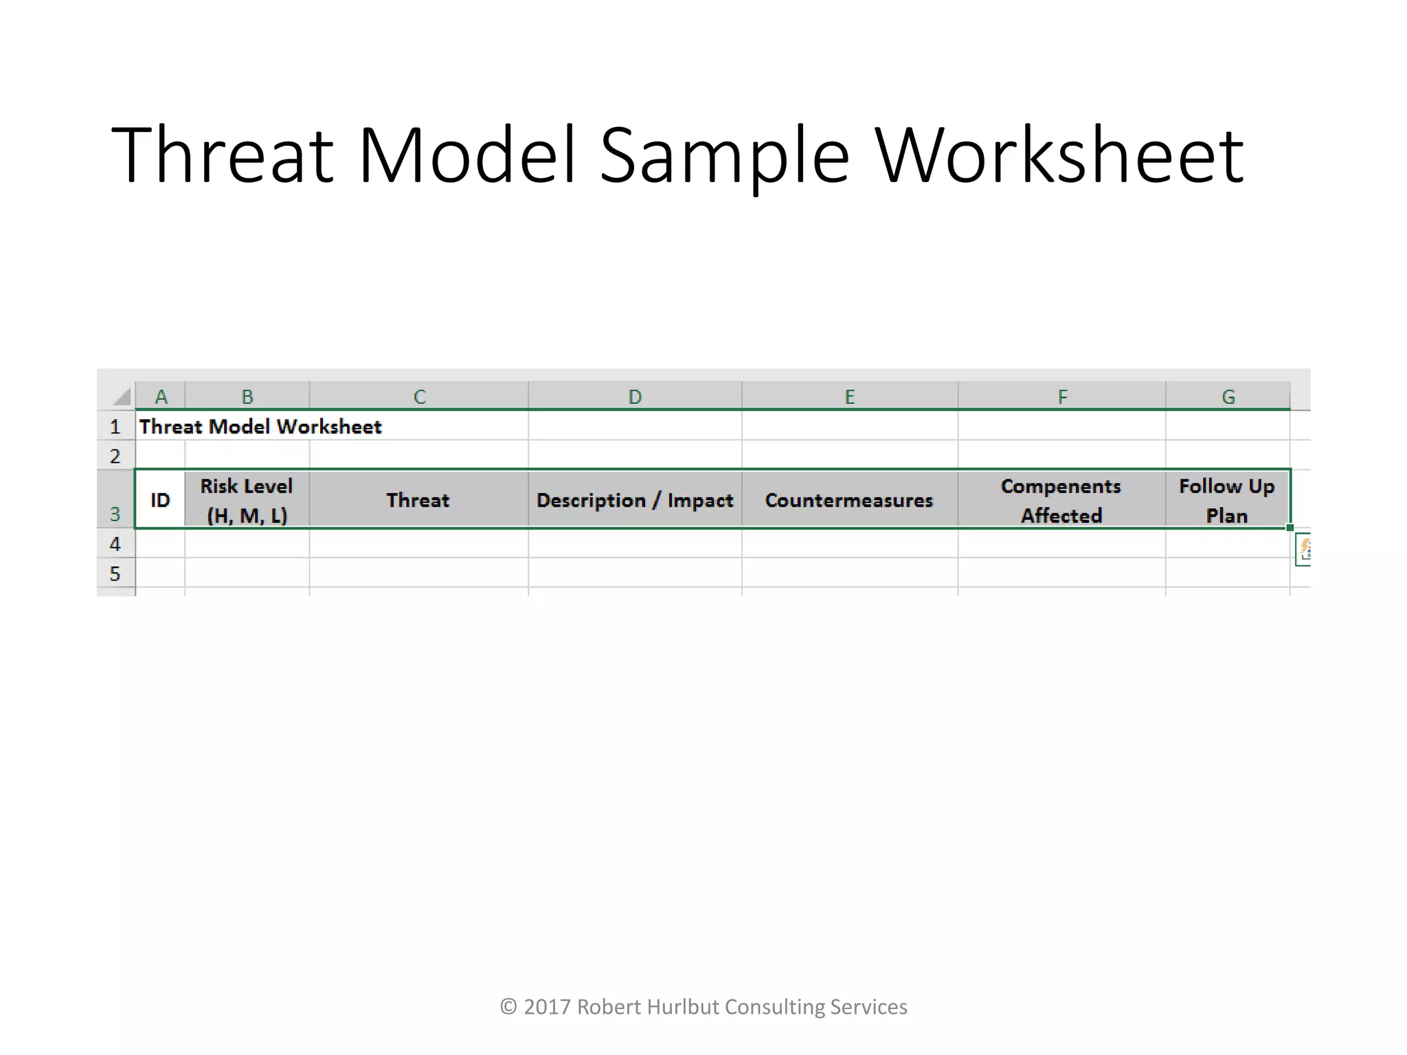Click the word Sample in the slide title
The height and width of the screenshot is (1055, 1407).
724,157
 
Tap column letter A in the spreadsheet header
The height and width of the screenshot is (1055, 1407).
161,397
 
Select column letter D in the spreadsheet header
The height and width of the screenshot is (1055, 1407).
635,397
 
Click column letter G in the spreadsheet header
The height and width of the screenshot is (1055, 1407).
1228,397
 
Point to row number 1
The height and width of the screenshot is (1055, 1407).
115,427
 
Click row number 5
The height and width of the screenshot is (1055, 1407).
115,574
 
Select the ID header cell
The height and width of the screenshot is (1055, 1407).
160,500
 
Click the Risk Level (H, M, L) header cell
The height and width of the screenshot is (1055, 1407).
247,500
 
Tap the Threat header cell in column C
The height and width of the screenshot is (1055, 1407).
418,500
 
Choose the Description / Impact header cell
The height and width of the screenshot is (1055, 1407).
635,500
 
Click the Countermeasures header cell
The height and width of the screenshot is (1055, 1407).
849,500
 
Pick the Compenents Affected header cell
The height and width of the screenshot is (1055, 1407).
1061,500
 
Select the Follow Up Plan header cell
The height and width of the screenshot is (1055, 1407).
1227,500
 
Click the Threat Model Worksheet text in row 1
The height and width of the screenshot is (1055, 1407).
260,427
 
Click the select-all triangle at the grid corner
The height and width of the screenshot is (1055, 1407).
122,397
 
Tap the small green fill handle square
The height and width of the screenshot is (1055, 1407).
1290,527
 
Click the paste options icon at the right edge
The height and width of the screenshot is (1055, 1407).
1304,549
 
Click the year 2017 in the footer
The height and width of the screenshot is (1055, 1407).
547,1007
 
